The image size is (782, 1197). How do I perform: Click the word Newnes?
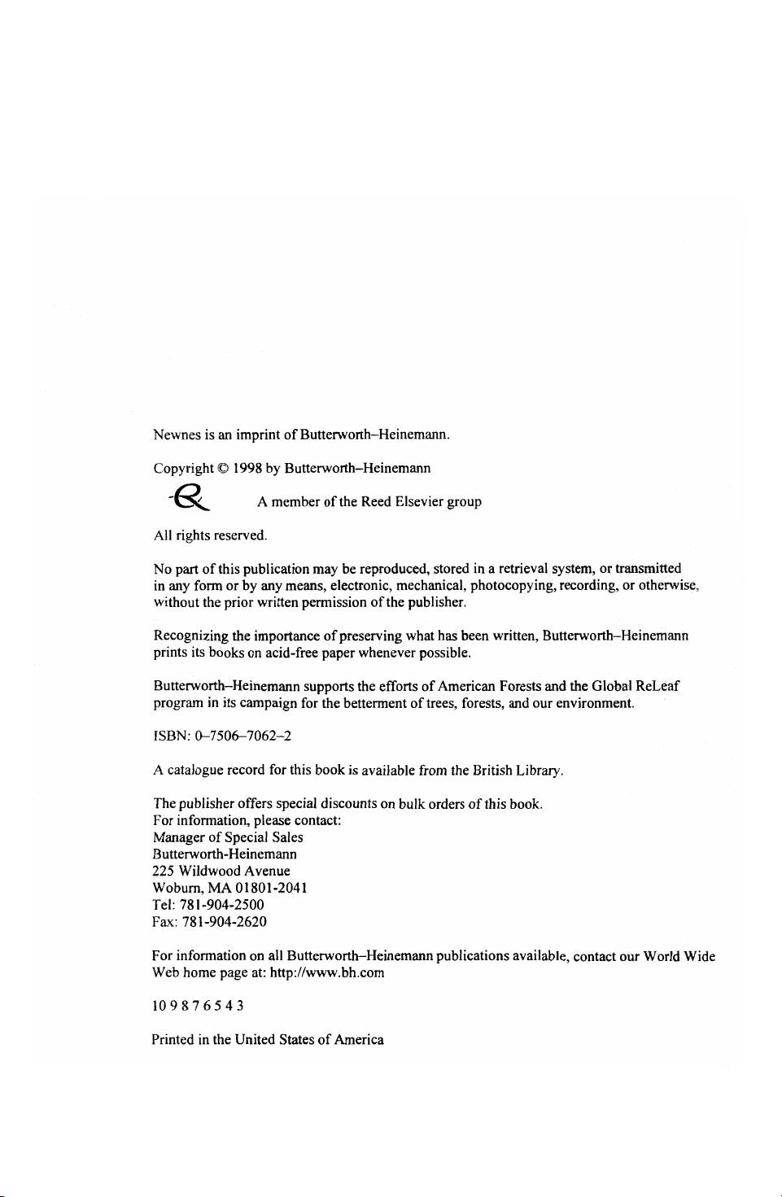point(177,435)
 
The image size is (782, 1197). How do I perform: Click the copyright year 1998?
point(247,468)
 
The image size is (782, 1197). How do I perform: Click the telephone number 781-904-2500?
point(221,904)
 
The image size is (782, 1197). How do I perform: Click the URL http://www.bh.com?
point(326,972)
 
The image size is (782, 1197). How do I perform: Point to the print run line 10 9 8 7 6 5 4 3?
point(198,1006)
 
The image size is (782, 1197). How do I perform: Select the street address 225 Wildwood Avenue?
point(221,871)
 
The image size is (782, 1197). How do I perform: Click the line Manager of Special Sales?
point(228,837)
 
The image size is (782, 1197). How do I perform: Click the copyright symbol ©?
point(223,469)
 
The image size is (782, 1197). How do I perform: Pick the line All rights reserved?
point(210,535)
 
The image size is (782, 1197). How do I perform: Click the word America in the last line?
point(359,1040)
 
